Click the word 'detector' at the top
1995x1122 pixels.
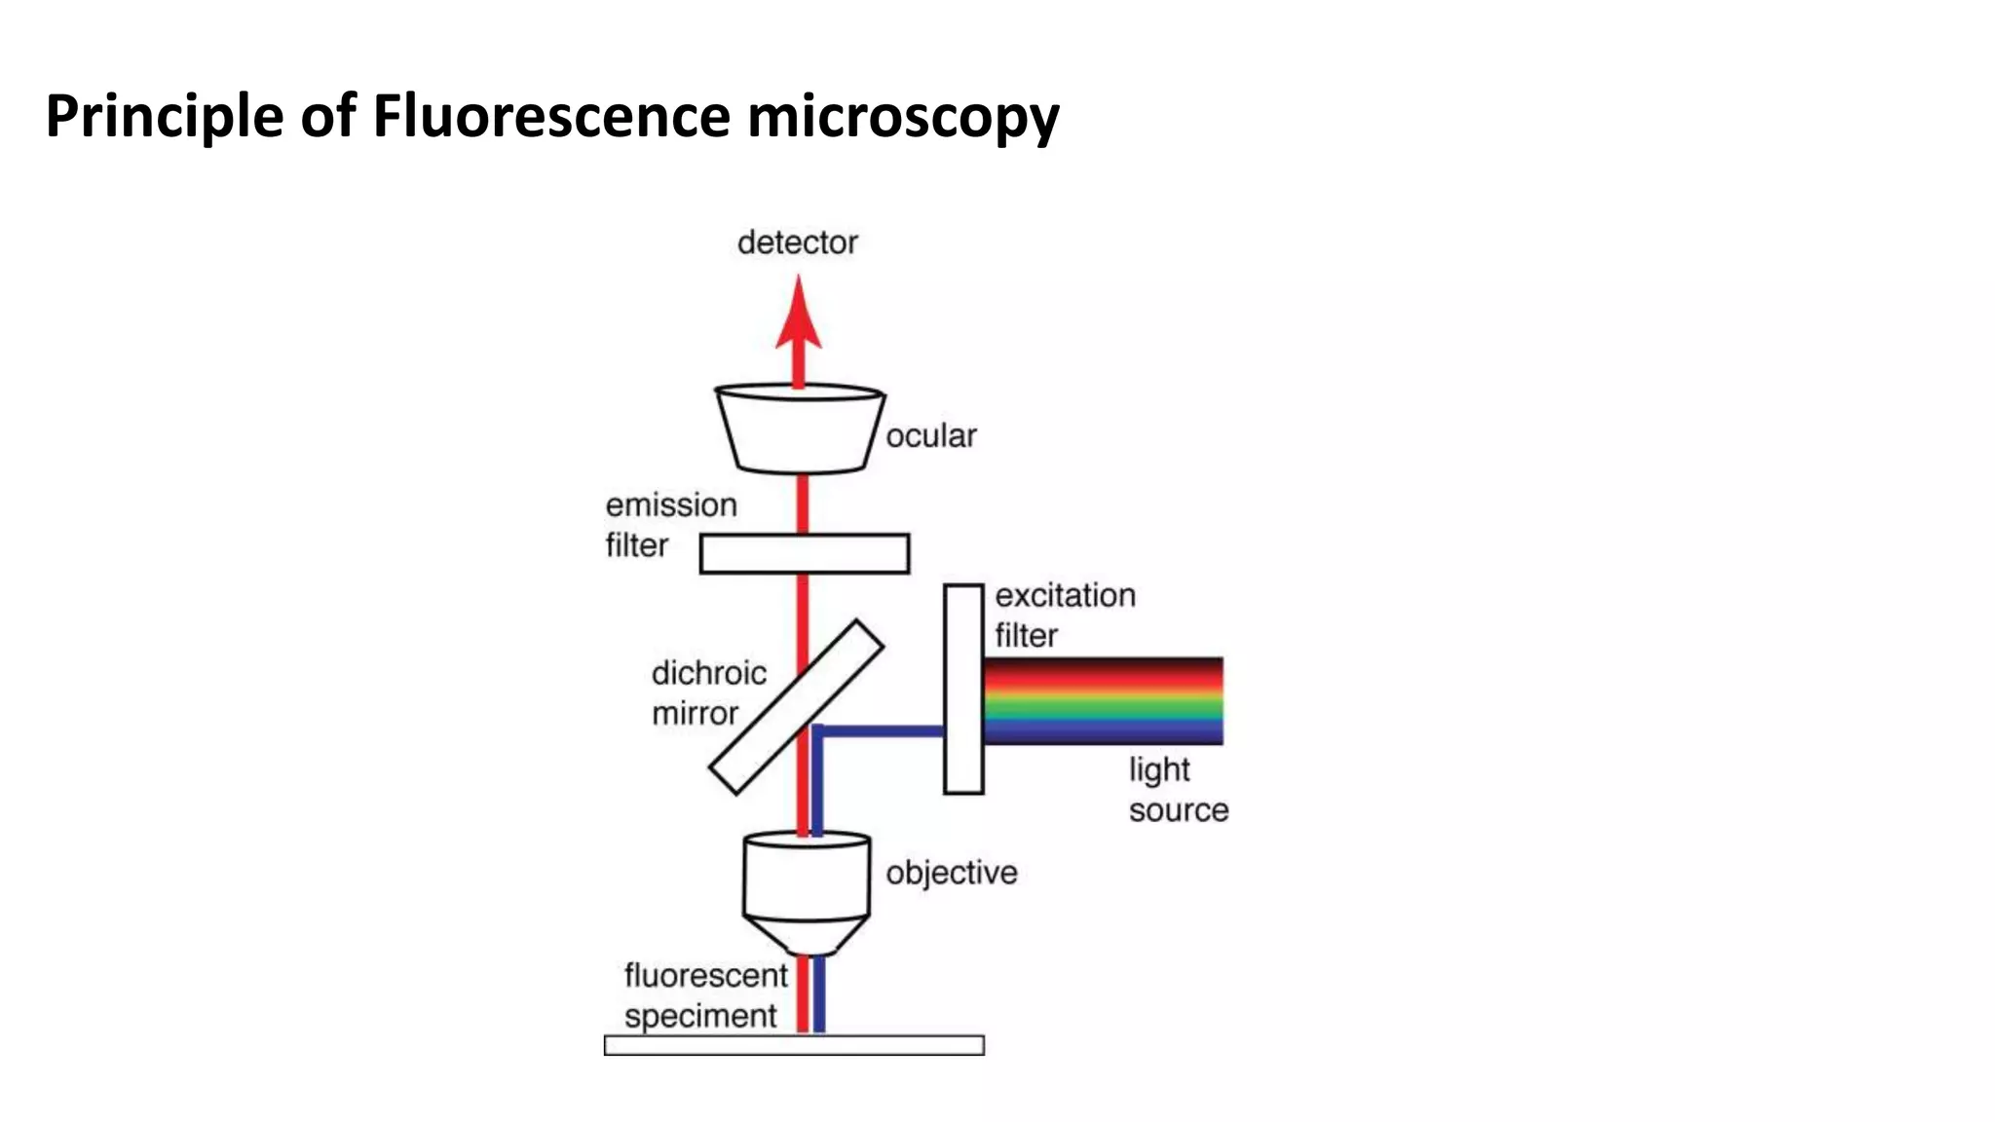797,243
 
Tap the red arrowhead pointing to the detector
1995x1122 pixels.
799,317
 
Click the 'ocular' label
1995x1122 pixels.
930,435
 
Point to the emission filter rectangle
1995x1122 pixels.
805,553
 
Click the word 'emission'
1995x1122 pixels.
671,505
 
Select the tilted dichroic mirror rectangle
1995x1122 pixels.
796,707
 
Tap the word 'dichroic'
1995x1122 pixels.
708,673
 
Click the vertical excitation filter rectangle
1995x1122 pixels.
963,689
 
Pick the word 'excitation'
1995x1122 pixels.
1065,595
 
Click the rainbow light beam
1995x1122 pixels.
1103,701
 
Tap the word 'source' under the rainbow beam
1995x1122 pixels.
1178,810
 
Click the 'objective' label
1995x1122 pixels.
951,873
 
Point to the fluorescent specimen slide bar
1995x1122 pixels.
794,1045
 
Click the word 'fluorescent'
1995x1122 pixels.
705,975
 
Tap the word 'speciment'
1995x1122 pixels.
699,1016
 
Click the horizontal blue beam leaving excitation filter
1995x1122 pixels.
882,730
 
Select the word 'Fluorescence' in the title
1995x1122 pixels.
551,116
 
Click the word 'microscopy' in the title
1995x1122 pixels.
902,116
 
